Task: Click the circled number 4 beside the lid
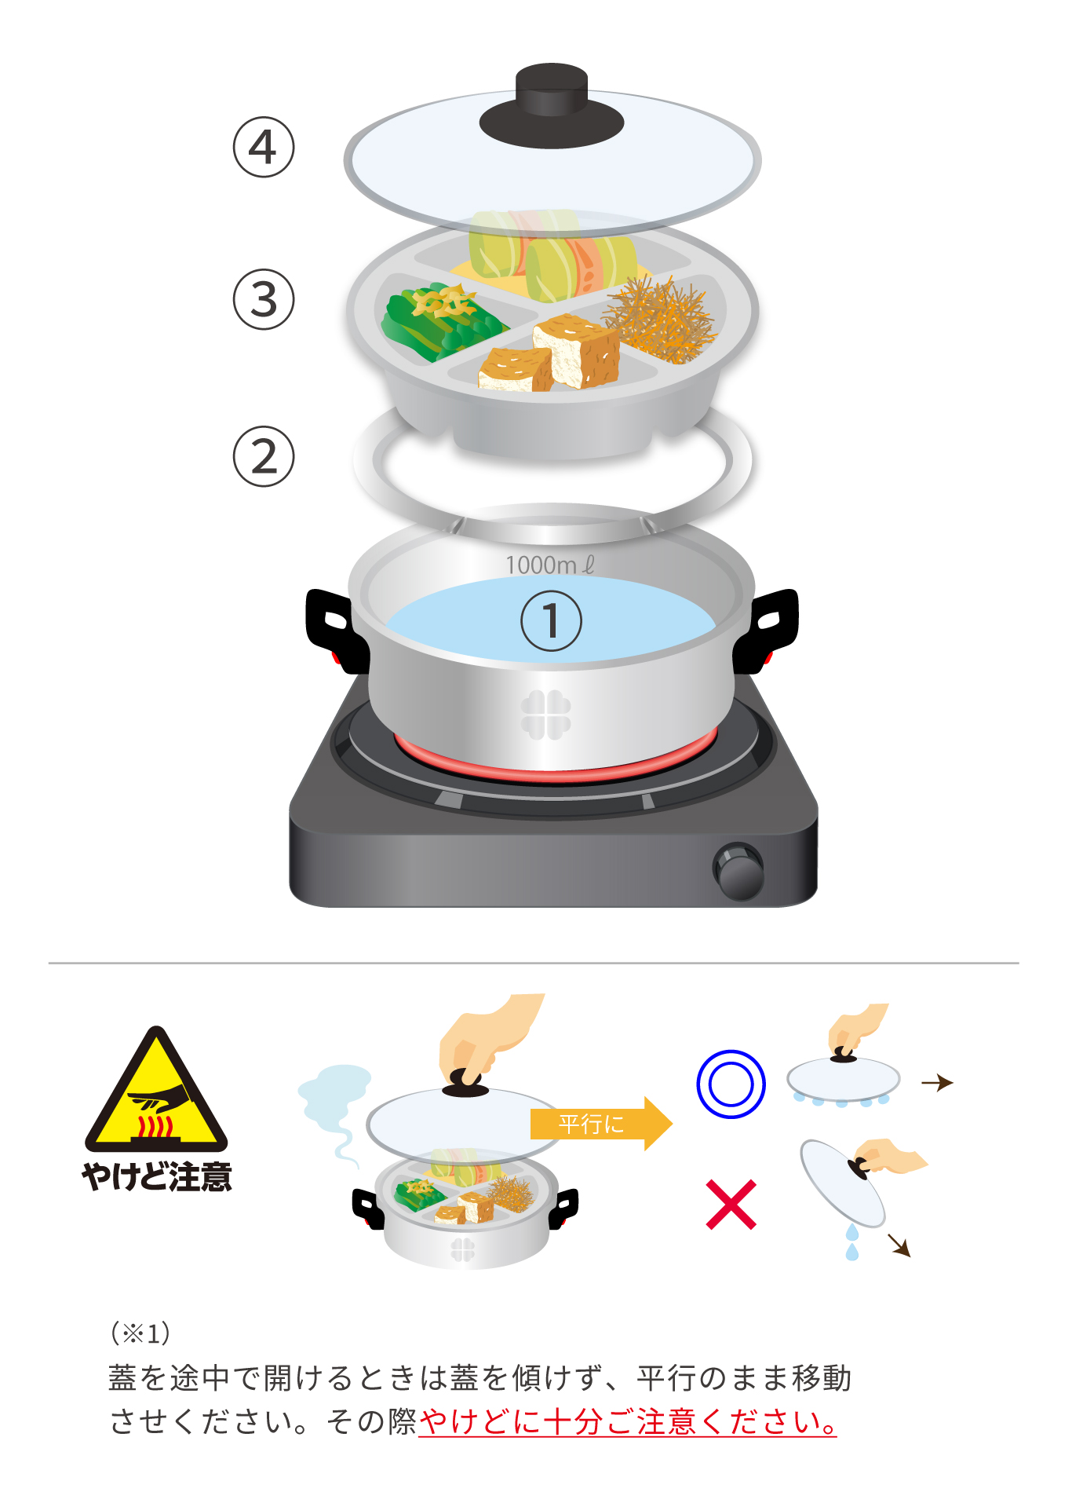coord(264,147)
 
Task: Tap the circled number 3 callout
coord(264,299)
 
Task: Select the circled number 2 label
coord(264,456)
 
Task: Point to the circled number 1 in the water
coord(552,621)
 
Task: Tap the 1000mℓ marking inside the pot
coord(550,565)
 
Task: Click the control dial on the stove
coord(738,872)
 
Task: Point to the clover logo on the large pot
coord(546,715)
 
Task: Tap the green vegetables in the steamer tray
coord(439,322)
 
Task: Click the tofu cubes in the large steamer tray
coord(549,353)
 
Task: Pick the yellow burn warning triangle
coord(157,1089)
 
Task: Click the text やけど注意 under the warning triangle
coord(157,1177)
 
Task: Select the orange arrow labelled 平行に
coord(601,1124)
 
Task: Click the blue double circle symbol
coord(731,1084)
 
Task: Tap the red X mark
coord(731,1205)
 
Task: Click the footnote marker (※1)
coord(140,1333)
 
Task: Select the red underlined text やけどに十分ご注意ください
coord(628,1422)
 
